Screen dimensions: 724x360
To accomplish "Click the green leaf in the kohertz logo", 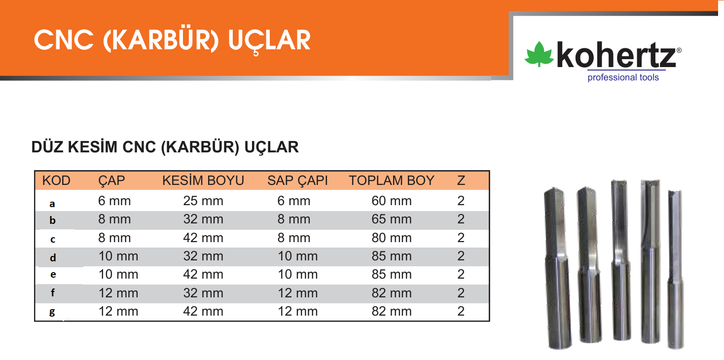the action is (539, 54).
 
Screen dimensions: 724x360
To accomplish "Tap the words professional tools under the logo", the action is (623, 77).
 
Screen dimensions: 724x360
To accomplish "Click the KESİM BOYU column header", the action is (203, 180).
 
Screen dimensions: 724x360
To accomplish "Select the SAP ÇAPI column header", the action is (297, 180).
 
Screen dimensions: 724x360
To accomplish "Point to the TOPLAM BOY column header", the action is (392, 180).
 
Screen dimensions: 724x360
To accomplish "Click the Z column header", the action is (461, 180).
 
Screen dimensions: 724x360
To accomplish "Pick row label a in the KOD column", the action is (52, 204).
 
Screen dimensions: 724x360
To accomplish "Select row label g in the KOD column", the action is (52, 312).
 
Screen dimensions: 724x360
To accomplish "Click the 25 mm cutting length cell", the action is (203, 201).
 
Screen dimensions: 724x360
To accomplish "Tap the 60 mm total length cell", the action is (392, 201).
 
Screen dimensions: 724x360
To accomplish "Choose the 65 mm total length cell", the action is (392, 219).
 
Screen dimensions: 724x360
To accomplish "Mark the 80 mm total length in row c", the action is (392, 238).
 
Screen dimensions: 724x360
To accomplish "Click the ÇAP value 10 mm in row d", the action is (118, 256).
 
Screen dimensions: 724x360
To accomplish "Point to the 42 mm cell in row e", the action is (203, 275).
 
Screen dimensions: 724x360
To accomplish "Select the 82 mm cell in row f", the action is (392, 293).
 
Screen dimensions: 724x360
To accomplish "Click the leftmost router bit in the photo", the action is (557, 268).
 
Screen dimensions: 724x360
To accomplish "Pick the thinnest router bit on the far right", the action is (676, 269).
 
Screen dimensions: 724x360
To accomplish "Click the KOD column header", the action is (56, 180).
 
